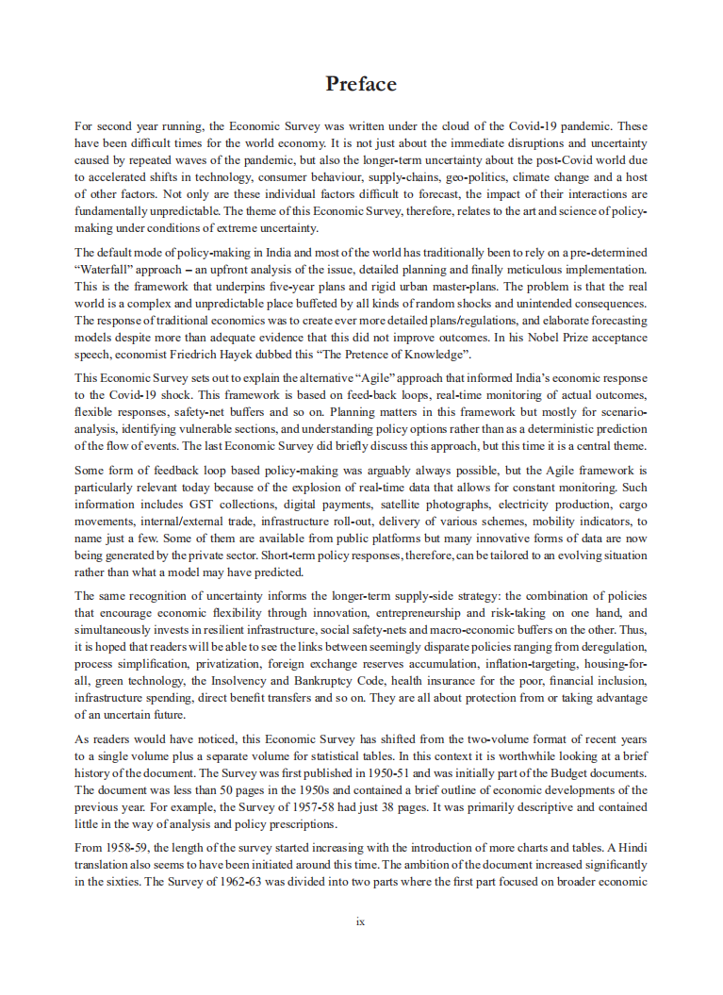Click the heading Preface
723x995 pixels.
coord(361,84)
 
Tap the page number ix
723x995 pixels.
coord(361,922)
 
